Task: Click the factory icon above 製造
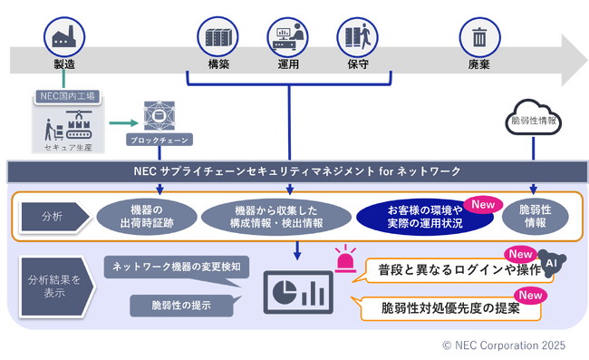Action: coord(63,37)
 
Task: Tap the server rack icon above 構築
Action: coord(217,37)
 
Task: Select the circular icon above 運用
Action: coord(287,37)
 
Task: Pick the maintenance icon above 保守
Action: coord(355,37)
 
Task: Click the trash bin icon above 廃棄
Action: coord(478,37)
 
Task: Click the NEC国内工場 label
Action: coord(67,95)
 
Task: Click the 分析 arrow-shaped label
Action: coord(53,216)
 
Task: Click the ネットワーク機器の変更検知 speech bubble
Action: coord(174,267)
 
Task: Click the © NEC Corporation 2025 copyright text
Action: coord(503,345)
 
